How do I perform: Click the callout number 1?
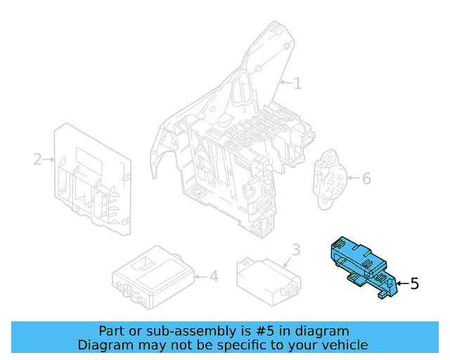tap(297, 84)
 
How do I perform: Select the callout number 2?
tap(37, 160)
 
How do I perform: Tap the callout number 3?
tap(295, 250)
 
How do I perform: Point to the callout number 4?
tap(214, 277)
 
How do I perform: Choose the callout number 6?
tap(366, 179)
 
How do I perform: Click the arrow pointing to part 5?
tap(401, 283)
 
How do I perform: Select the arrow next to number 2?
tap(49, 160)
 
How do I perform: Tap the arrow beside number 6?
tap(352, 179)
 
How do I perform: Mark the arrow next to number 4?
tap(200, 277)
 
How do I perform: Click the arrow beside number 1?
tap(285, 84)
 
